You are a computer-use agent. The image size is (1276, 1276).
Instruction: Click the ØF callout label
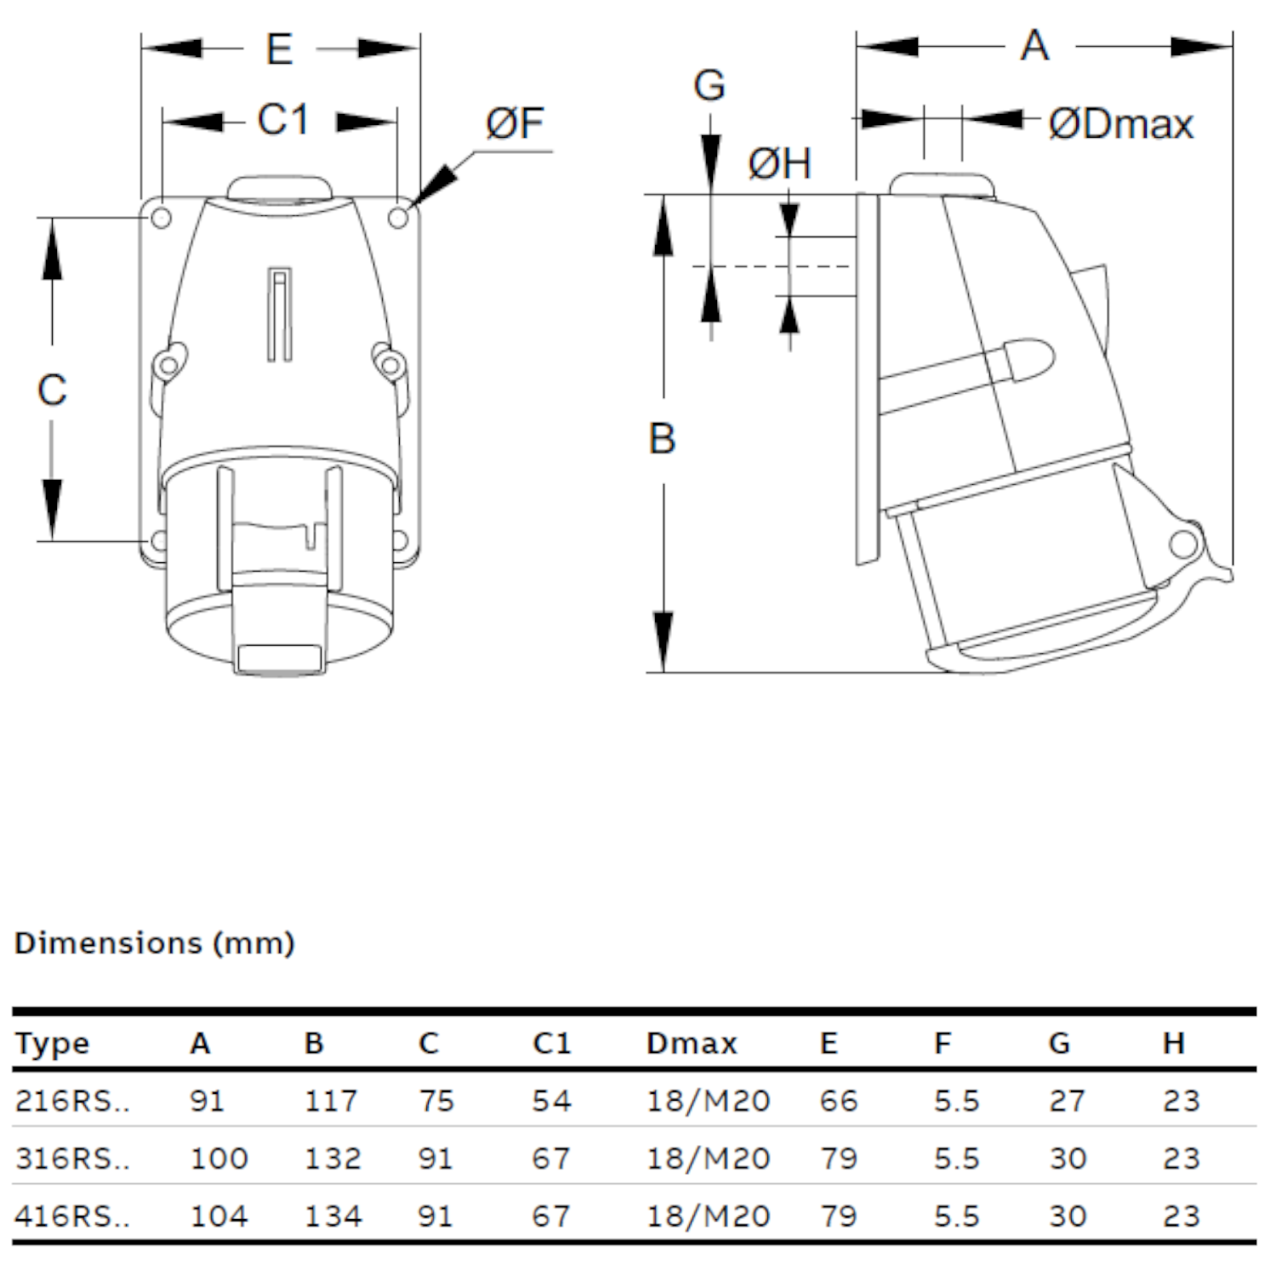click(516, 123)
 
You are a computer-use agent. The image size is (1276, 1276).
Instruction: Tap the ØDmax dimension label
click(1121, 124)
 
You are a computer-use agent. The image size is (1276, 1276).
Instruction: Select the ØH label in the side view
click(779, 163)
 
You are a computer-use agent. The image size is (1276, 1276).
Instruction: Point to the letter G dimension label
click(709, 86)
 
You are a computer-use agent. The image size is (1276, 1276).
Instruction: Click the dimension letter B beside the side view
click(662, 439)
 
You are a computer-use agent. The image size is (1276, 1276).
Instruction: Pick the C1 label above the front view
click(282, 120)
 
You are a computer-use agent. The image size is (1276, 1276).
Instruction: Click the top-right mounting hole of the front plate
click(398, 218)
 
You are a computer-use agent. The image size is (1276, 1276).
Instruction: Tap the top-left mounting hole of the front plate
click(161, 218)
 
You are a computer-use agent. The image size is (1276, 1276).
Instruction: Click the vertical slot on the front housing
click(280, 314)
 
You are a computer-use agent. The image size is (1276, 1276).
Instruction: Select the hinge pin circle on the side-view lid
click(1182, 544)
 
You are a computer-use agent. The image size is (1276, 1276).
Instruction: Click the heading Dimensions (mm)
click(155, 943)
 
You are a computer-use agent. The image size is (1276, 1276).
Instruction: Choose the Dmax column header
click(692, 1043)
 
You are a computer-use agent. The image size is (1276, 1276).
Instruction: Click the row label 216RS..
click(72, 1101)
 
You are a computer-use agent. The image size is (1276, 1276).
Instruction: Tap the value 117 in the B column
click(331, 1101)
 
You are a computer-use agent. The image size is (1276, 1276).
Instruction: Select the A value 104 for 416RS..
click(219, 1216)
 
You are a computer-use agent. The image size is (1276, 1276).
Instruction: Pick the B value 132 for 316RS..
click(333, 1159)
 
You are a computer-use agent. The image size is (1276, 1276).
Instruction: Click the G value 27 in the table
click(1067, 1101)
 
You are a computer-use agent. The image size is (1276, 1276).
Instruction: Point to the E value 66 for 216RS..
click(839, 1101)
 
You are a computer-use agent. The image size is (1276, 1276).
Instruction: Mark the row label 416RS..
click(72, 1216)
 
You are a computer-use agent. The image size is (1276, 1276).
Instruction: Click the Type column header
click(52, 1044)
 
